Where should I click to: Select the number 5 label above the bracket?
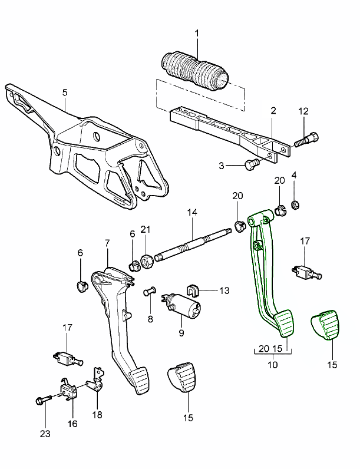(65, 92)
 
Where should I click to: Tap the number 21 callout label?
(146, 229)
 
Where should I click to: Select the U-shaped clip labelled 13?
(192, 289)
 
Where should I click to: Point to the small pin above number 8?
(150, 291)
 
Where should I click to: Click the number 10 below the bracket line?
(272, 365)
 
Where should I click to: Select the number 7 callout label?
(107, 243)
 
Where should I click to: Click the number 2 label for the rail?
(273, 110)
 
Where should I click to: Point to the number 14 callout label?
(191, 212)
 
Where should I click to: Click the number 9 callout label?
(181, 333)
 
